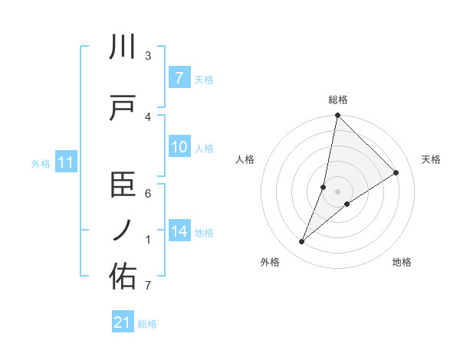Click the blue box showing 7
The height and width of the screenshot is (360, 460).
(x=179, y=77)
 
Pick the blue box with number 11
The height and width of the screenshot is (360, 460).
(x=65, y=162)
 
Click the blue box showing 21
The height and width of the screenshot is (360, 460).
(x=123, y=322)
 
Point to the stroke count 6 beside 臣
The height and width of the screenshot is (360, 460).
(x=148, y=194)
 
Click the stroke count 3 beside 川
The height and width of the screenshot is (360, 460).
(x=148, y=56)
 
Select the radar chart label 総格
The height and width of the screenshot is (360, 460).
(x=338, y=100)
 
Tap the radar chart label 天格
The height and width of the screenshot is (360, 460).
(x=432, y=159)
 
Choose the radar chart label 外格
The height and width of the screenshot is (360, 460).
(x=270, y=263)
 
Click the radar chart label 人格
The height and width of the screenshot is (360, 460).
(x=245, y=159)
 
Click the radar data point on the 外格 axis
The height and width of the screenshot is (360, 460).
(x=302, y=242)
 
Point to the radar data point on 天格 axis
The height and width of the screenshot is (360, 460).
(x=396, y=173)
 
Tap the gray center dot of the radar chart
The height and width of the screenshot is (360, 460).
(x=338, y=191)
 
